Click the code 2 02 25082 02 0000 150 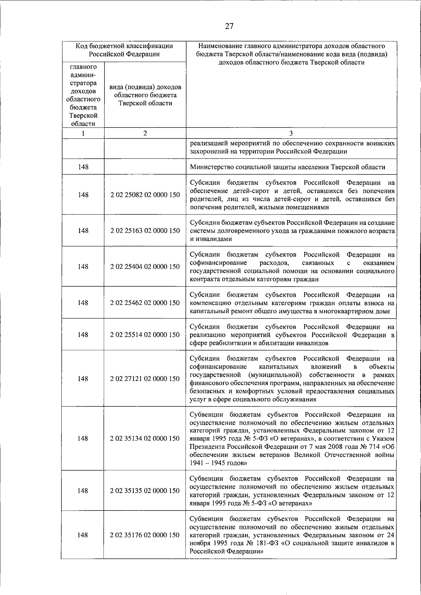click(x=145, y=195)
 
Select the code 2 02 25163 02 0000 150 click(x=145, y=231)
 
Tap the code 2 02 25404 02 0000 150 click(x=145, y=267)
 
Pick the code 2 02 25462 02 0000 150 click(x=145, y=303)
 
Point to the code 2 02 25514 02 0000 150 click(x=145, y=335)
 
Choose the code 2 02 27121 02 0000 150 click(x=145, y=379)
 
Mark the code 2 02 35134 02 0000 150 click(x=145, y=438)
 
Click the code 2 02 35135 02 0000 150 click(x=145, y=491)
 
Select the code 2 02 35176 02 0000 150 click(x=145, y=535)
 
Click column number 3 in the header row click(x=291, y=133)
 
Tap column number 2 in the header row click(x=145, y=133)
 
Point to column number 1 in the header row click(x=83, y=133)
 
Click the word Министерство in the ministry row click(x=212, y=167)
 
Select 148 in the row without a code click(x=83, y=167)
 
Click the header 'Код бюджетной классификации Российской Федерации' click(x=124, y=50)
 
